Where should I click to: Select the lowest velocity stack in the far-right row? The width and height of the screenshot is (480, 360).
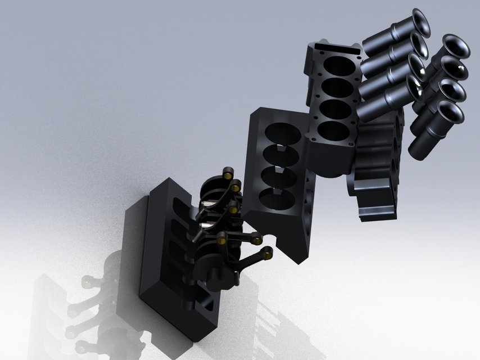(x=450, y=114)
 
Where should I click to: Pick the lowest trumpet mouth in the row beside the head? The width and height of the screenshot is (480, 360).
(x=413, y=86)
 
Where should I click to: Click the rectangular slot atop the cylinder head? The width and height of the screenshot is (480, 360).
(x=337, y=48)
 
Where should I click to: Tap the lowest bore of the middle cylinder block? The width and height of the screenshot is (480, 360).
(x=275, y=199)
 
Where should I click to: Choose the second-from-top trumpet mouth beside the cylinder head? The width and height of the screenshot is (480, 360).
(x=416, y=43)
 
